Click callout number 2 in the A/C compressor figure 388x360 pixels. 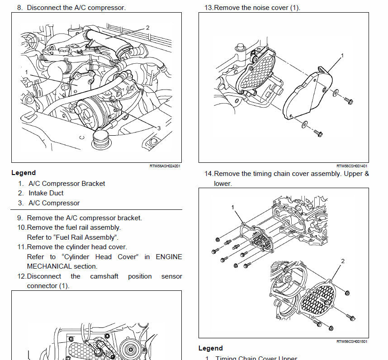tap(147, 28)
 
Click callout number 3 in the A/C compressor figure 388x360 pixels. tap(159, 128)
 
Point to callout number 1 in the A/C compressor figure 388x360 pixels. tap(27, 72)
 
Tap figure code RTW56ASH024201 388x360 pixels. tap(165, 166)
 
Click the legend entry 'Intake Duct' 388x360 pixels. tap(46, 193)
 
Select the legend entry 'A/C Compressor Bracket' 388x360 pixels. tap(66, 184)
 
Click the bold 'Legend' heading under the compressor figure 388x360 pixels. tap(24, 173)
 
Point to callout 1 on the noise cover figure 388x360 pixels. tap(342, 55)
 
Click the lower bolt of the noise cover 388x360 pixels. tap(319, 133)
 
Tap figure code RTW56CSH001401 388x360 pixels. tap(352, 166)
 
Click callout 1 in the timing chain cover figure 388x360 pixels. tap(233, 207)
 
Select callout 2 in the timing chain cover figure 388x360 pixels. tap(342, 261)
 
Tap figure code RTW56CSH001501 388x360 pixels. tap(352, 341)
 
